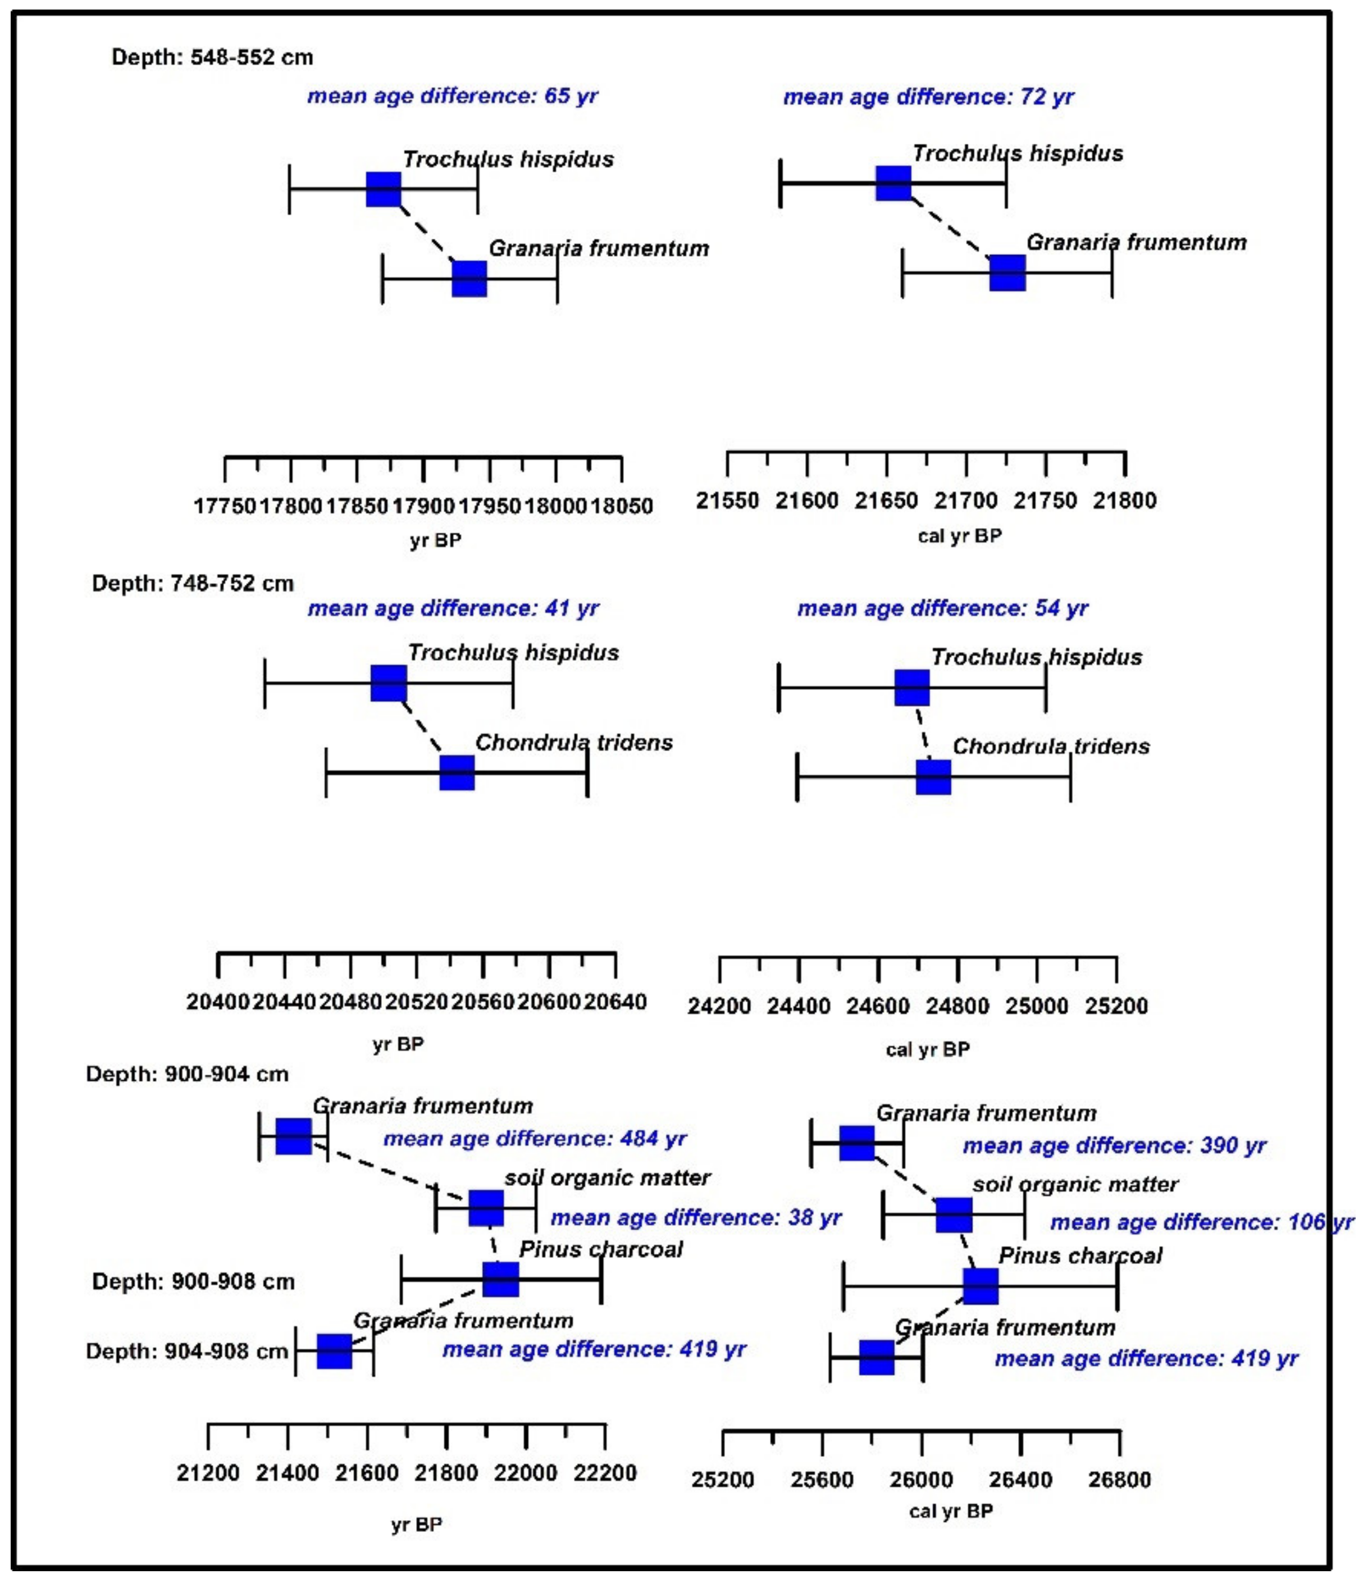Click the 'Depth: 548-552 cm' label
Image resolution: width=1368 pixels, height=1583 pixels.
[x=212, y=57]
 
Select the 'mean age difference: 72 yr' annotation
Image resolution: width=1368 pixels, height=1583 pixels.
[x=928, y=97]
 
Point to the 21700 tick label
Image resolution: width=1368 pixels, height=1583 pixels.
[x=966, y=501]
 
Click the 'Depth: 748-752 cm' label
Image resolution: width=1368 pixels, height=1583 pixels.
[x=193, y=584]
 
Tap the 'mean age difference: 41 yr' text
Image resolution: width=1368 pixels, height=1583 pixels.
[x=453, y=609]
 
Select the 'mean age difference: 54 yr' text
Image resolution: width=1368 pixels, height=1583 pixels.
[x=942, y=609]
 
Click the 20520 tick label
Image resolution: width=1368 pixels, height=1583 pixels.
[x=416, y=1002]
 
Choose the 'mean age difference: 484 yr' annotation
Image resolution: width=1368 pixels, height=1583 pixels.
[x=535, y=1139]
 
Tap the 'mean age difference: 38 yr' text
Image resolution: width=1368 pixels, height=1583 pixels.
[x=696, y=1218]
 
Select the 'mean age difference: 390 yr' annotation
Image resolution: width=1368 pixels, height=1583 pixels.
[x=1114, y=1146]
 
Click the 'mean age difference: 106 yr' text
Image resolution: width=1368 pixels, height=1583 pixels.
[x=1201, y=1222]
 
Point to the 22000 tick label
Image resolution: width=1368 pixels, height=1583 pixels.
[x=526, y=1473]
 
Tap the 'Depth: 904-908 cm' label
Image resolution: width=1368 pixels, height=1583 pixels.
[x=187, y=1352]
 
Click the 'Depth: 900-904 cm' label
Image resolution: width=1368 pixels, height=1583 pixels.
[x=187, y=1074]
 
